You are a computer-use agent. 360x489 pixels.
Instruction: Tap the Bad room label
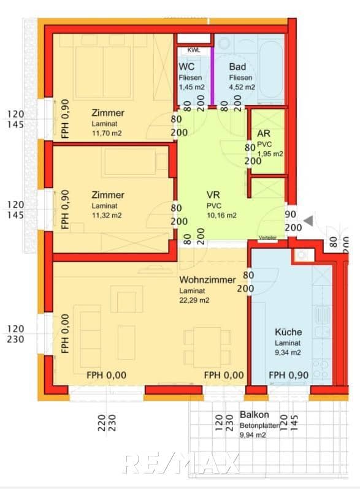click(237, 67)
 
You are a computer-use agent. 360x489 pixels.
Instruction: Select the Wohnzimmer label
click(207, 279)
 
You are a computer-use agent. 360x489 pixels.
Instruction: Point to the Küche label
click(288, 332)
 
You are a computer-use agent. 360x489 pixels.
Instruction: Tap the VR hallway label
click(213, 194)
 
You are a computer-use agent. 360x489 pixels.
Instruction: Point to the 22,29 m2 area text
click(194, 300)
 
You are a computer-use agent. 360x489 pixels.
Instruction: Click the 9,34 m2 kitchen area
click(288, 352)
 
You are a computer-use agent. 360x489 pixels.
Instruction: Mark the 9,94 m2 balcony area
click(253, 435)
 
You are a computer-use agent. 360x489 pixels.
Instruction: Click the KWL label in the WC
click(194, 50)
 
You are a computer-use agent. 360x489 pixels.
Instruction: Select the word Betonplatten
click(260, 425)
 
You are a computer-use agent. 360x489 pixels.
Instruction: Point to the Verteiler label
click(268, 237)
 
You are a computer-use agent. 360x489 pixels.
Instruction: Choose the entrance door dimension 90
click(291, 214)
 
